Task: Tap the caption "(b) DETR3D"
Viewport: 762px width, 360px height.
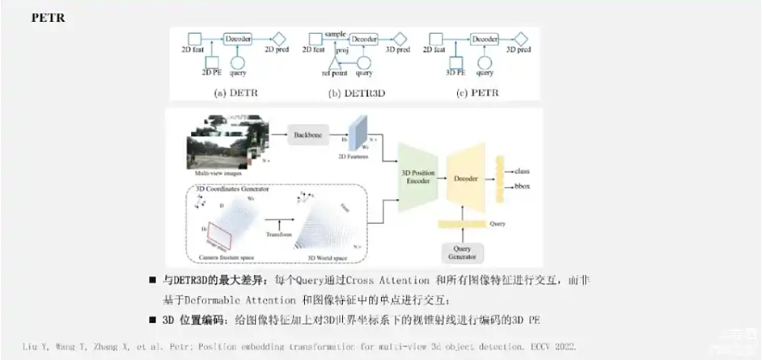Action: (357, 92)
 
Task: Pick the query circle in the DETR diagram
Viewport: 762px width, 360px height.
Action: (239, 62)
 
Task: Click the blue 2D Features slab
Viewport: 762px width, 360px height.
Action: (358, 131)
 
